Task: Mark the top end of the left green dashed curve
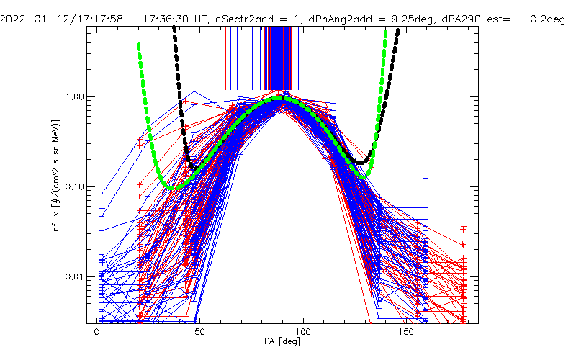click(138, 45)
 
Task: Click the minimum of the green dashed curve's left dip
click(171, 187)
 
